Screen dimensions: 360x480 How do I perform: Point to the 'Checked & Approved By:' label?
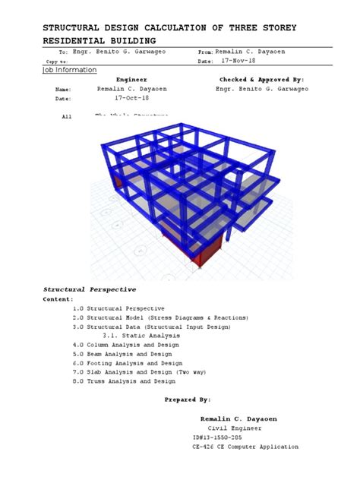pyautogui.click(x=261, y=79)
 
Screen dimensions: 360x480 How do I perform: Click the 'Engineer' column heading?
pyautogui.click(x=131, y=79)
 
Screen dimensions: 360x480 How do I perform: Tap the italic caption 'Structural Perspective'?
pyautogui.click(x=90, y=289)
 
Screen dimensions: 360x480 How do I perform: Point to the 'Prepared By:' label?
pyautogui.click(x=188, y=399)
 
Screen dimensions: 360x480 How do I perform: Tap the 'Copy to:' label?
pyautogui.click(x=57, y=62)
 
